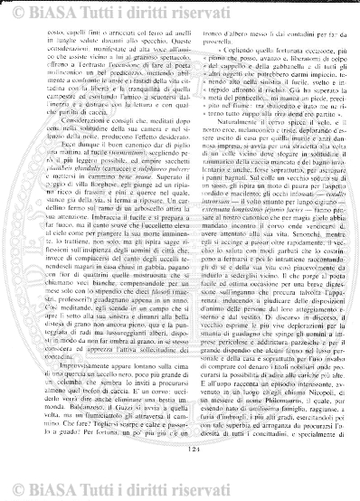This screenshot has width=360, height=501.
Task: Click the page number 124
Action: point(182,472)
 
